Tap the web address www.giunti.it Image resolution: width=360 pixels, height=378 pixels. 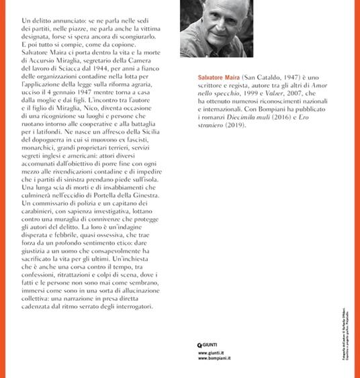pyautogui.click(x=212, y=353)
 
